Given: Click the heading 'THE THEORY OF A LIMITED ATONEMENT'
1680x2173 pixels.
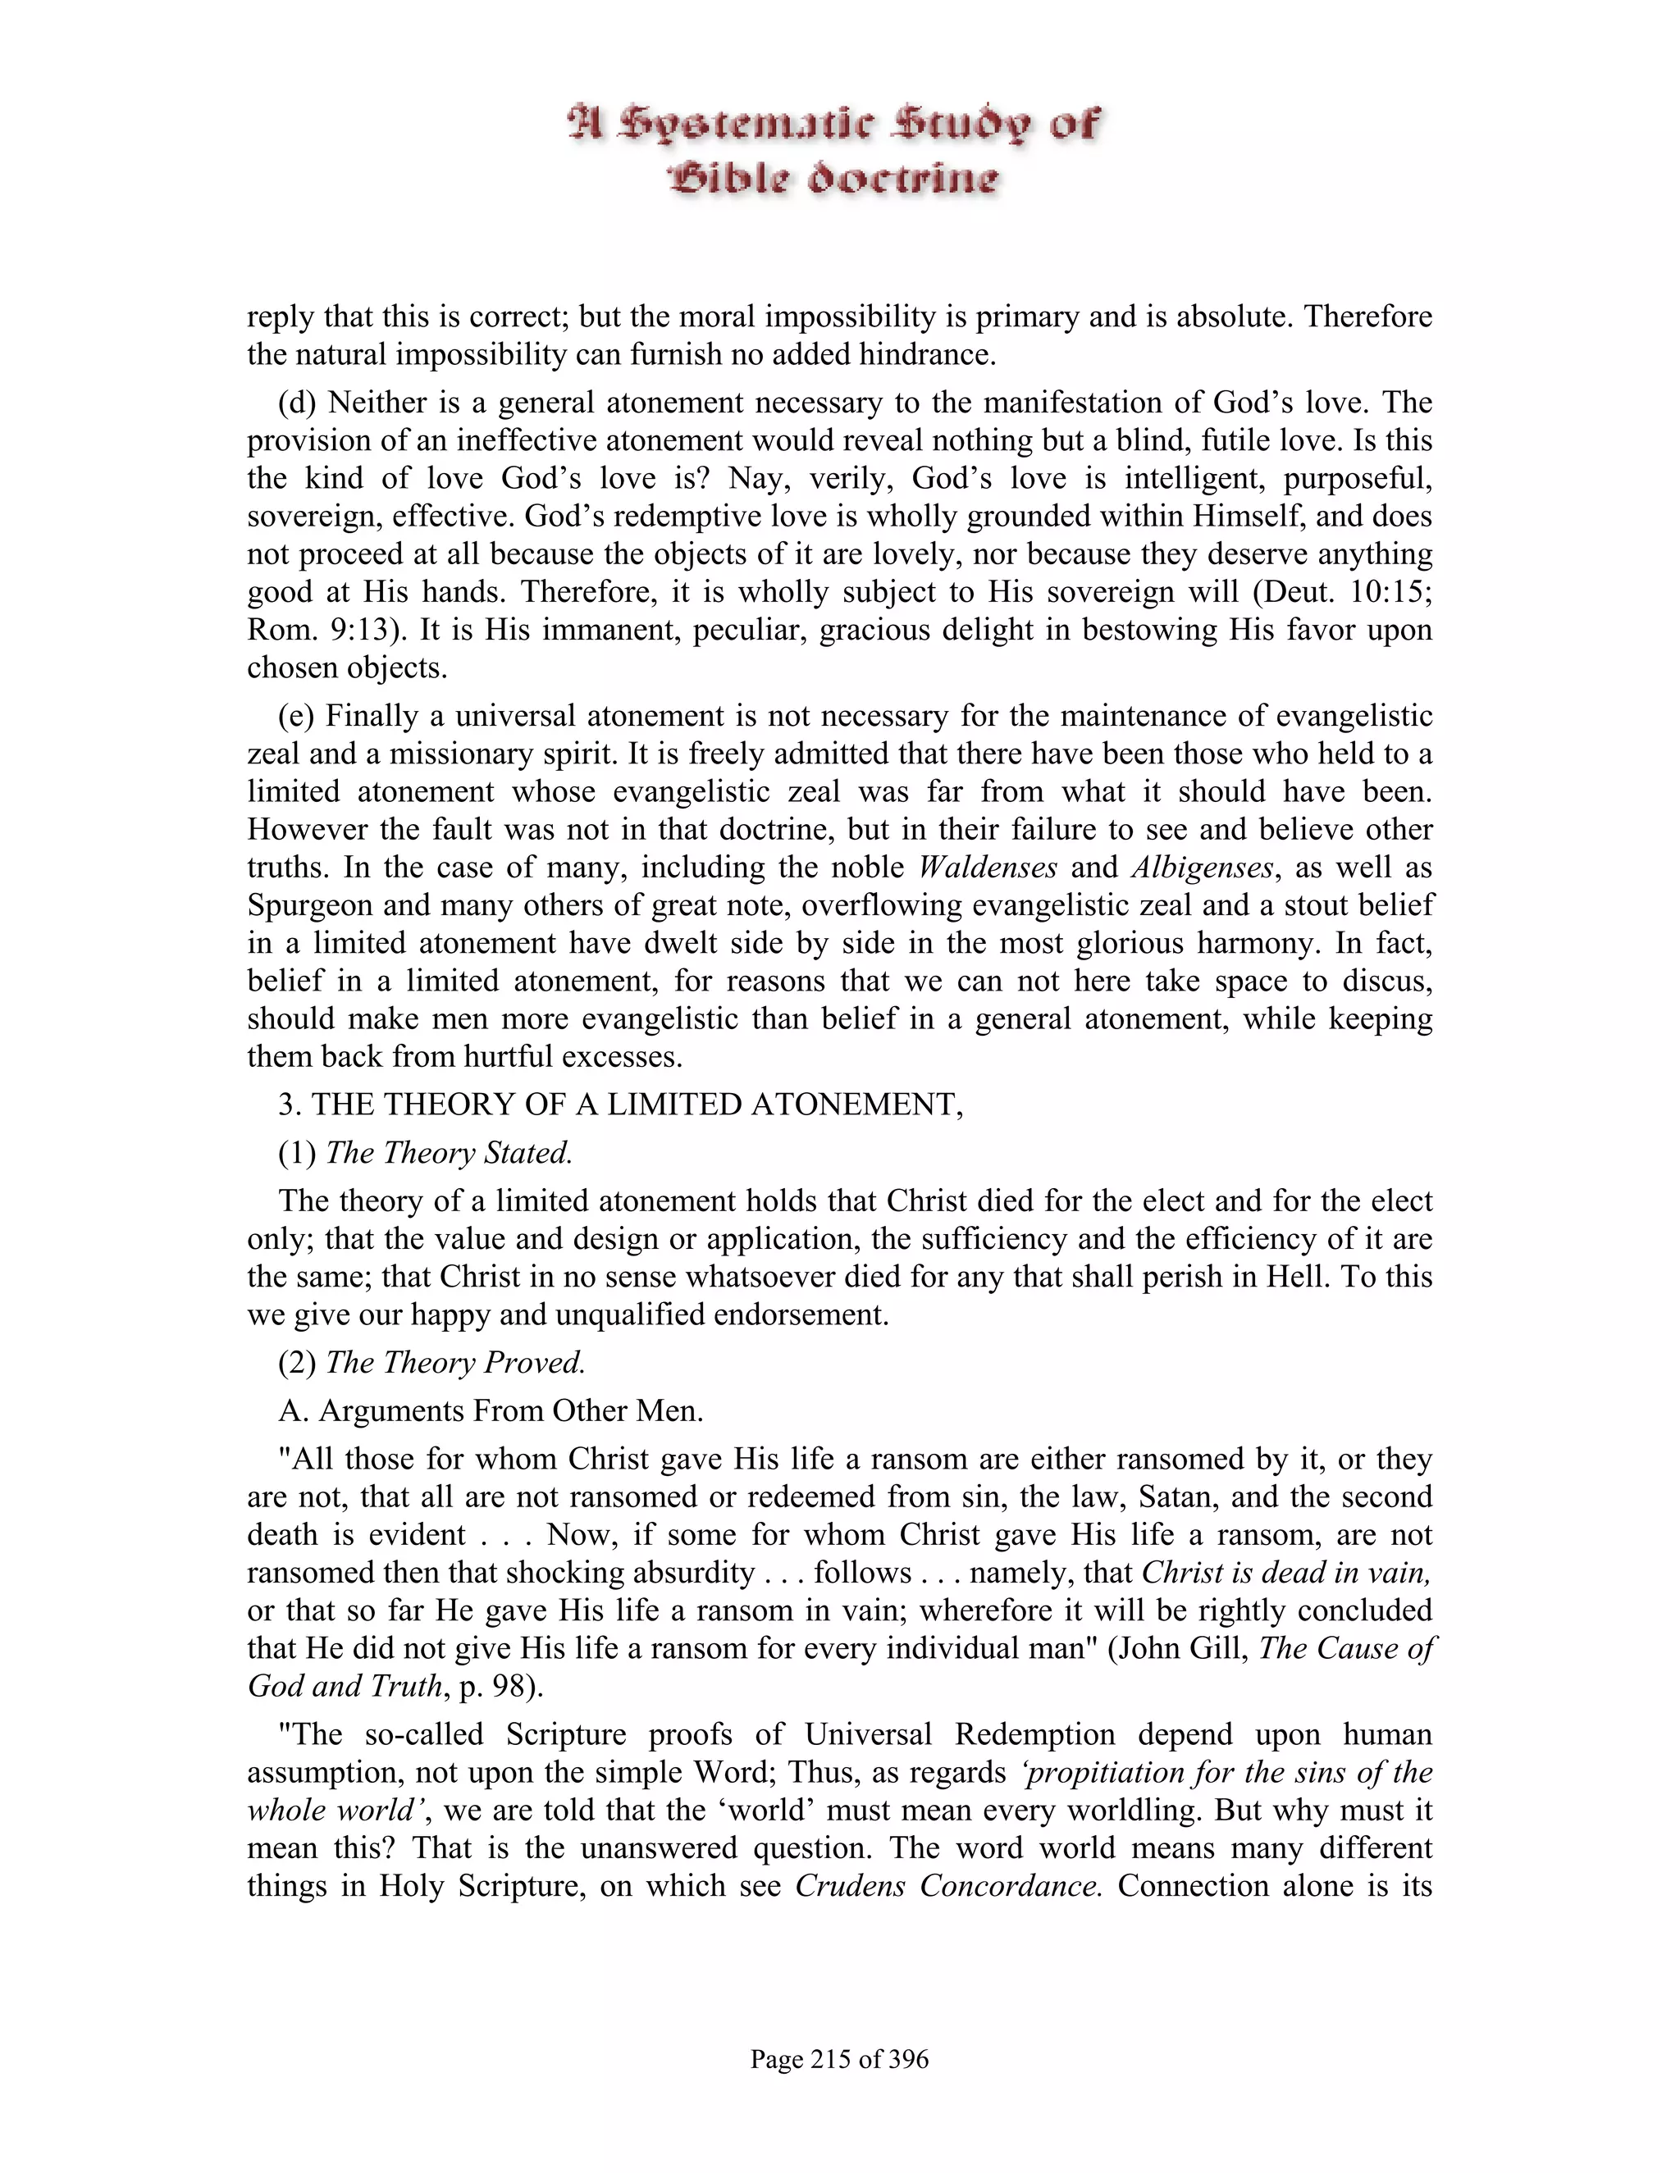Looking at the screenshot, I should (x=637, y=1105).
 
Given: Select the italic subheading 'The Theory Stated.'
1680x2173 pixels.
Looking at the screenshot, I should (x=449, y=1152).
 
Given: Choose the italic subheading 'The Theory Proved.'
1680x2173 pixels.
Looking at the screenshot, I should (x=454, y=1362).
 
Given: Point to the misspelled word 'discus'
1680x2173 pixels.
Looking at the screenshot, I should (x=1387, y=981).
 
